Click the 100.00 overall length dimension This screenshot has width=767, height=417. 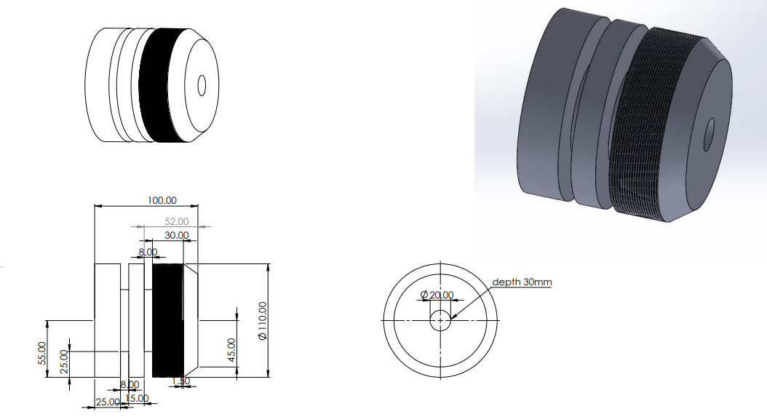[163, 200]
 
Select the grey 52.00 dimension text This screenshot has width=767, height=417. [178, 221]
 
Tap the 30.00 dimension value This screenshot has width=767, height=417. [177, 235]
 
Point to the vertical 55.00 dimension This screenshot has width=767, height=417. [41, 354]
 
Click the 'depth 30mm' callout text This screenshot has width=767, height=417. [521, 282]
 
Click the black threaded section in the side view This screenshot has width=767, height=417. [167, 320]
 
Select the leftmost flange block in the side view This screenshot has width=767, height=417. [108, 320]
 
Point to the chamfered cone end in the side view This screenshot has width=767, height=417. [191, 320]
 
